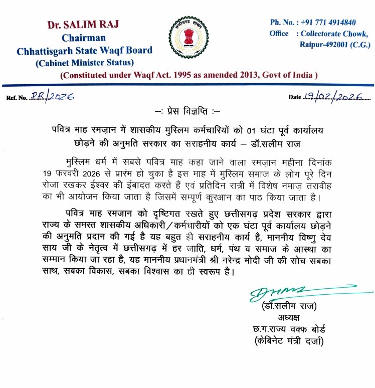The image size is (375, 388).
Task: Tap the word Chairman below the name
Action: pos(84,38)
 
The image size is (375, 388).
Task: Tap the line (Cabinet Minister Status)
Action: pos(84,62)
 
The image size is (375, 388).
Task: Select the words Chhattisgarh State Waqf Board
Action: pos(84,50)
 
